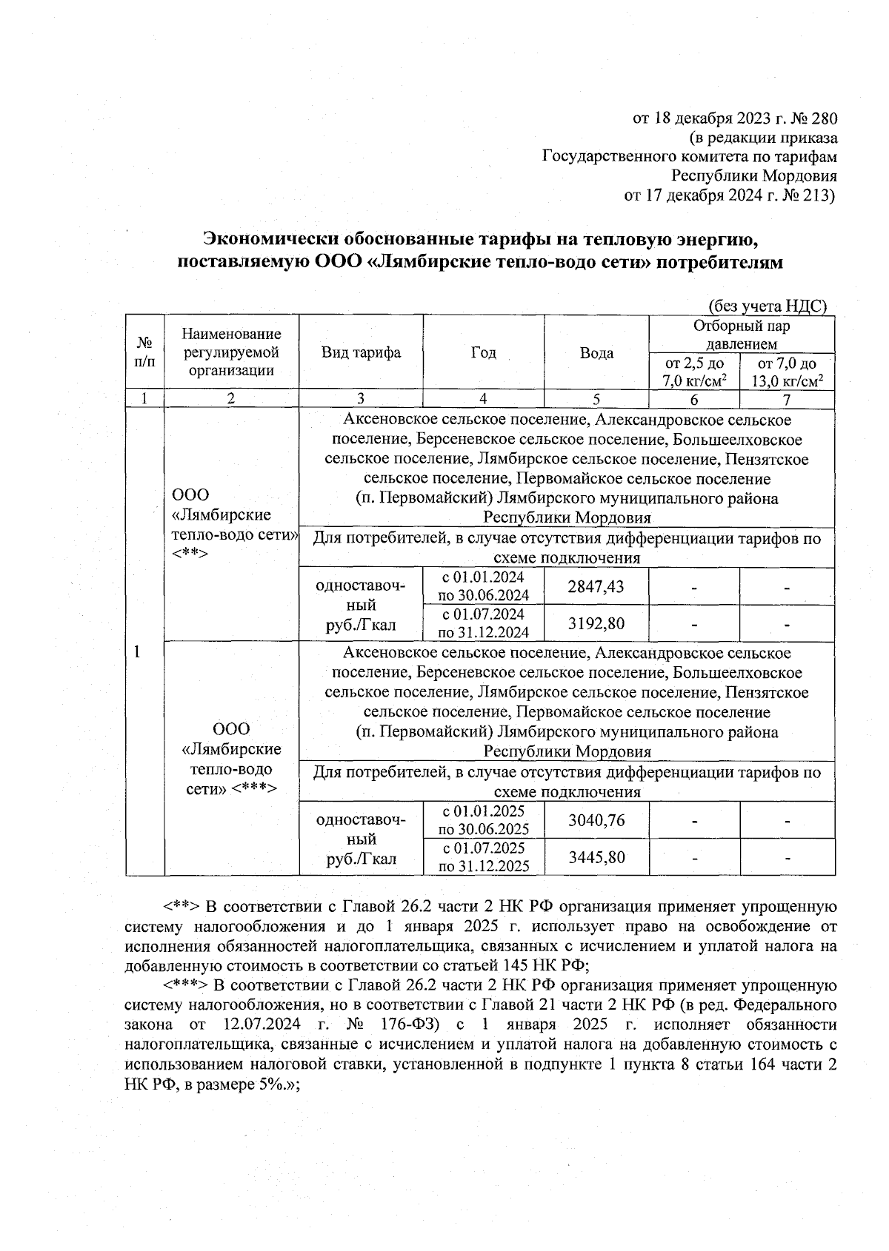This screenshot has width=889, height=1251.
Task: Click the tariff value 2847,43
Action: click(596, 586)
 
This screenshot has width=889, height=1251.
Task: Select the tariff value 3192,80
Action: click(596, 623)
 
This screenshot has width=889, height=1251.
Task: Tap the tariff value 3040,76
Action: click(596, 820)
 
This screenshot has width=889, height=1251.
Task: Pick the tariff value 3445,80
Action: click(596, 857)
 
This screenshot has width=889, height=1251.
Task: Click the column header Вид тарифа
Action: click(361, 352)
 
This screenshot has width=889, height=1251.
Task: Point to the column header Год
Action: click(484, 352)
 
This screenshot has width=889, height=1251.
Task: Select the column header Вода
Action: click(596, 353)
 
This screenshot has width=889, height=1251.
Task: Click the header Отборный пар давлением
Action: click(742, 335)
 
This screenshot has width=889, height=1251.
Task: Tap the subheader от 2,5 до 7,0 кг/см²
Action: click(694, 372)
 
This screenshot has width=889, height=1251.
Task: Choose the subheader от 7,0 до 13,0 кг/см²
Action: click(788, 372)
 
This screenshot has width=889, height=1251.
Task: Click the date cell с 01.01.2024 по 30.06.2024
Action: click(483, 586)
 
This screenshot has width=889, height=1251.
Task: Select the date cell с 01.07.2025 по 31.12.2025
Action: click(483, 857)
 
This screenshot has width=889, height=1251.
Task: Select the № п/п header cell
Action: click(144, 352)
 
